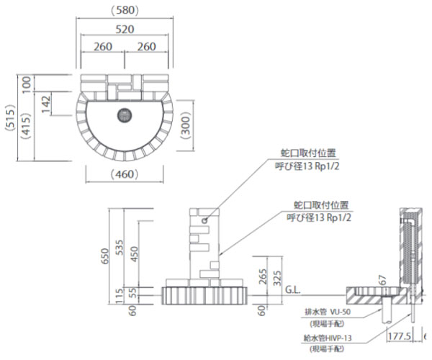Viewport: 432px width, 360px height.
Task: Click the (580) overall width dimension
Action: coord(125,10)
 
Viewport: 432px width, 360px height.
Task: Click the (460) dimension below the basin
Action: coord(125,175)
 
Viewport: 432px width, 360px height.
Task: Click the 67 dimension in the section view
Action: coord(383,277)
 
